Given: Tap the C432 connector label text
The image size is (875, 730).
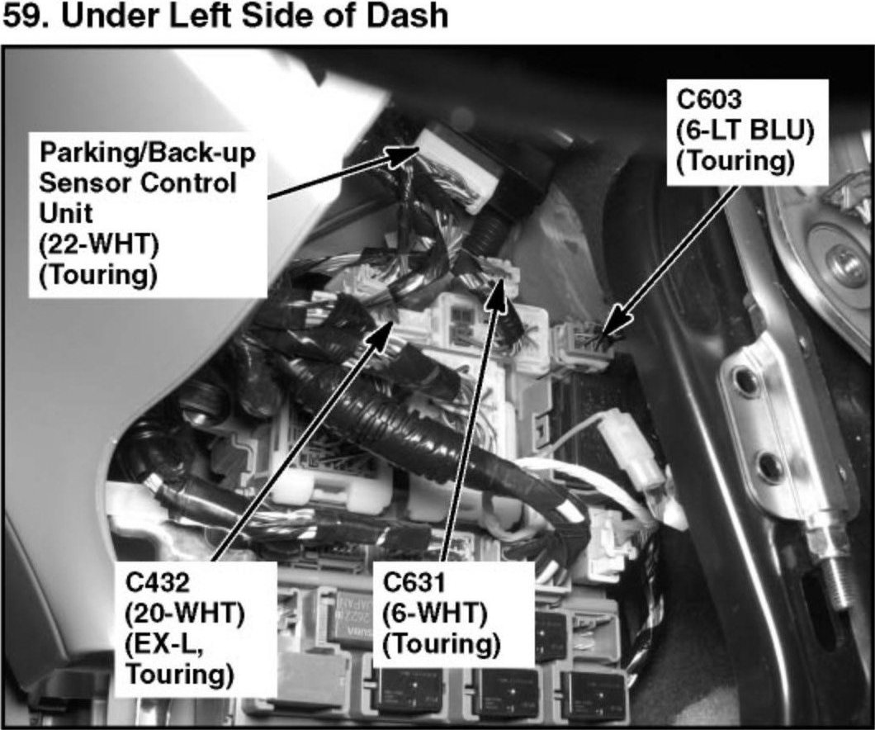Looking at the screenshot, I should point(158,584).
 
